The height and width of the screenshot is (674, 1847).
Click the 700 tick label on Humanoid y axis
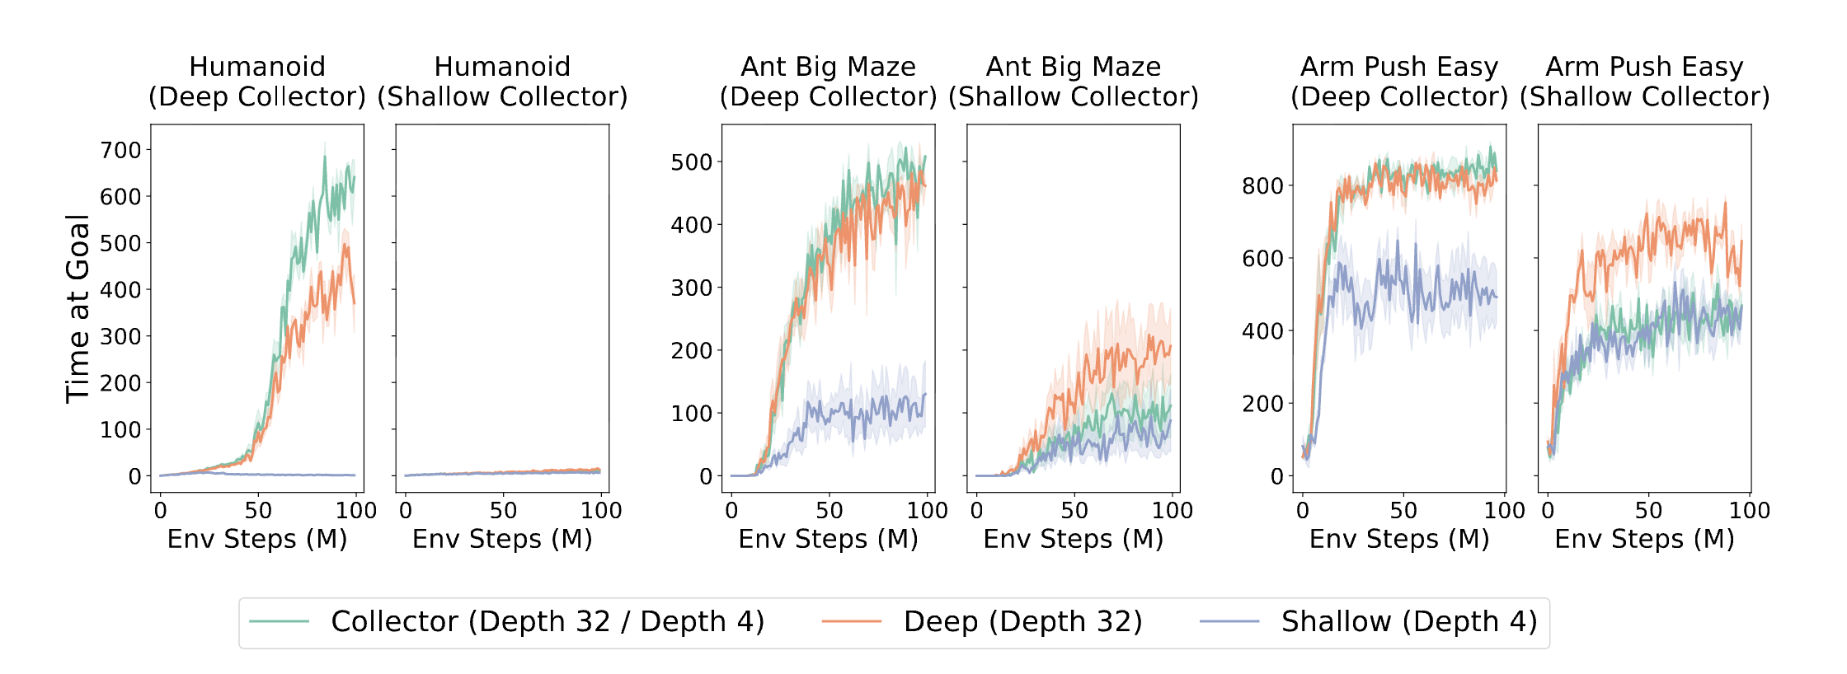(x=120, y=151)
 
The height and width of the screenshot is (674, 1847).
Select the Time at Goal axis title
(x=78, y=309)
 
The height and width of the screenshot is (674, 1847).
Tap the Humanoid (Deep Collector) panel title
(x=257, y=82)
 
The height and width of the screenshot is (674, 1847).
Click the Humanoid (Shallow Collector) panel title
(x=502, y=82)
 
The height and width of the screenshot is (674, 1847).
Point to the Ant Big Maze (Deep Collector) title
(x=828, y=82)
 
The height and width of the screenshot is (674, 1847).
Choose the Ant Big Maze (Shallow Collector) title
(x=1073, y=82)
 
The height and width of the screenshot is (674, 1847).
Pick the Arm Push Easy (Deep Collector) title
(x=1398, y=82)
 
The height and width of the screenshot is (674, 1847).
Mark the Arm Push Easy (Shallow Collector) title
(x=1644, y=82)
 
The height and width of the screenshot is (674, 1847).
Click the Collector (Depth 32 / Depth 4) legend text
(x=548, y=621)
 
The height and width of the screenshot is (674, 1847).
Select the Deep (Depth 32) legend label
(x=1022, y=621)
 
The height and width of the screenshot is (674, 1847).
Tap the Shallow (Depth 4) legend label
(x=1408, y=621)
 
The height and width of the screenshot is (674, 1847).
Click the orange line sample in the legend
(x=852, y=621)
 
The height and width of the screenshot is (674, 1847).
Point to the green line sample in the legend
(x=280, y=621)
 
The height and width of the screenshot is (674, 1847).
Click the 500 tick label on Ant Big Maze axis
(x=691, y=162)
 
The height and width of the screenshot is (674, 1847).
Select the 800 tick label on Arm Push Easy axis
(x=1262, y=186)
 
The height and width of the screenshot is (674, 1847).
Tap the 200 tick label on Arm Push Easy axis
(x=1262, y=404)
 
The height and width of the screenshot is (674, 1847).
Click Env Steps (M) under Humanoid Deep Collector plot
(x=257, y=539)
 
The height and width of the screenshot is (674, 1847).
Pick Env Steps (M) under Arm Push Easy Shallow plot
(x=1644, y=539)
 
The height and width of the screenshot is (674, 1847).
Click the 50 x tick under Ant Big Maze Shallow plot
(x=1074, y=511)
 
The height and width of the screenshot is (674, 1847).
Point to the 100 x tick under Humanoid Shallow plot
(x=601, y=511)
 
